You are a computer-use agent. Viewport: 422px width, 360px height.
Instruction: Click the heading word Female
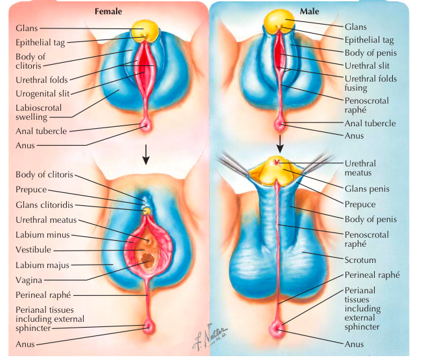tap(108, 11)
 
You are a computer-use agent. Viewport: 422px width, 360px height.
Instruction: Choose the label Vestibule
tap(34, 249)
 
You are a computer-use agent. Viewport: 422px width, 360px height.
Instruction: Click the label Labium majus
tap(42, 264)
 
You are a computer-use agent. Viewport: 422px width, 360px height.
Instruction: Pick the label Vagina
tap(29, 280)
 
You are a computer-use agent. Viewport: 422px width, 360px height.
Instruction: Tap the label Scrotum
tap(360, 260)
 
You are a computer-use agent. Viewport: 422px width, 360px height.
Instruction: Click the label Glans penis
tap(365, 189)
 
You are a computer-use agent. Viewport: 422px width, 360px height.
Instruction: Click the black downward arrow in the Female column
tap(147, 153)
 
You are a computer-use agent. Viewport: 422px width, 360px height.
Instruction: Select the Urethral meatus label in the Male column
tap(360, 169)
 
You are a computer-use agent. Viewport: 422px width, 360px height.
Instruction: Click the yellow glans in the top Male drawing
tap(279, 21)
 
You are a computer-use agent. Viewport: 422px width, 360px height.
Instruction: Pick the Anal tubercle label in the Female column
tap(41, 131)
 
